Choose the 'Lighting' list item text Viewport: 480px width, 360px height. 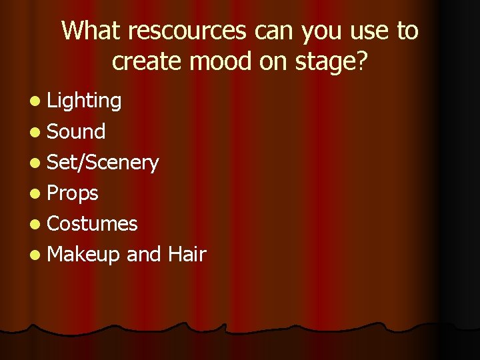84,101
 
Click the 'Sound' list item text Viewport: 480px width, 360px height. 76,131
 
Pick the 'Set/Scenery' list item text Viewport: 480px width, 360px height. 103,163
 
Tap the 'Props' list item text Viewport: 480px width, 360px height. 73,193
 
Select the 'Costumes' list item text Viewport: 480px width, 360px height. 92,223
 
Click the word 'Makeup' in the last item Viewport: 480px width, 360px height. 84,255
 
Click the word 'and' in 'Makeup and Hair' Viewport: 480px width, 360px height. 143,254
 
